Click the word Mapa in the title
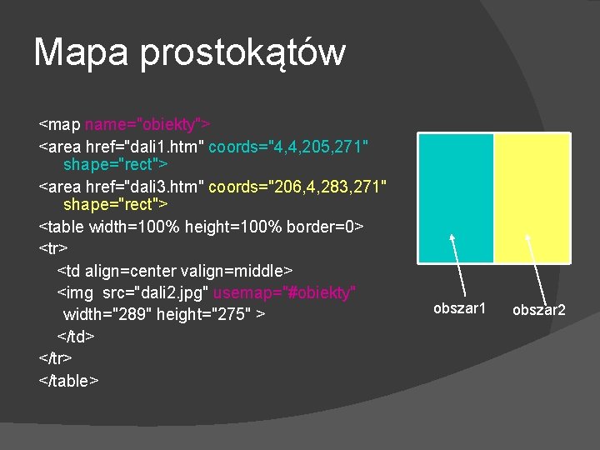point(82,52)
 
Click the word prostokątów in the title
point(242,53)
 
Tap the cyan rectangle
point(455,197)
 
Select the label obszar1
point(459,308)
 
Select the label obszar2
point(538,310)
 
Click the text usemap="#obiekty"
point(285,292)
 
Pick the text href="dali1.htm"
point(145,147)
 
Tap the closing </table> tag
point(69,380)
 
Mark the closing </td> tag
point(75,336)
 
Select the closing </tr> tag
point(55,358)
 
